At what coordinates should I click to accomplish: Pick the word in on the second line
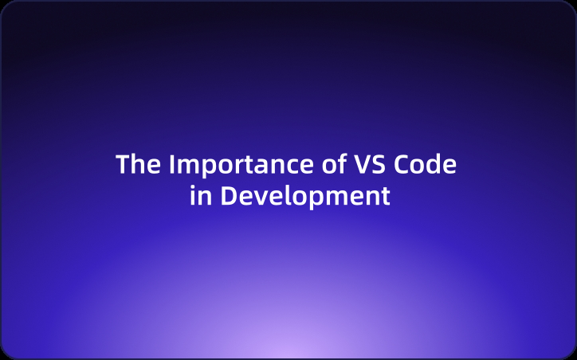201,196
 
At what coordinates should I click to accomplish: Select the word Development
305,196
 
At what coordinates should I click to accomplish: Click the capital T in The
124,165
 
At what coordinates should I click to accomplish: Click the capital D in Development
227,196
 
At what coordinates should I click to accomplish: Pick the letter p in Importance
203,167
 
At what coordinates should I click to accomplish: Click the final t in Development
385,197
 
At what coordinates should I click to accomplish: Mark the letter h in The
138,164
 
